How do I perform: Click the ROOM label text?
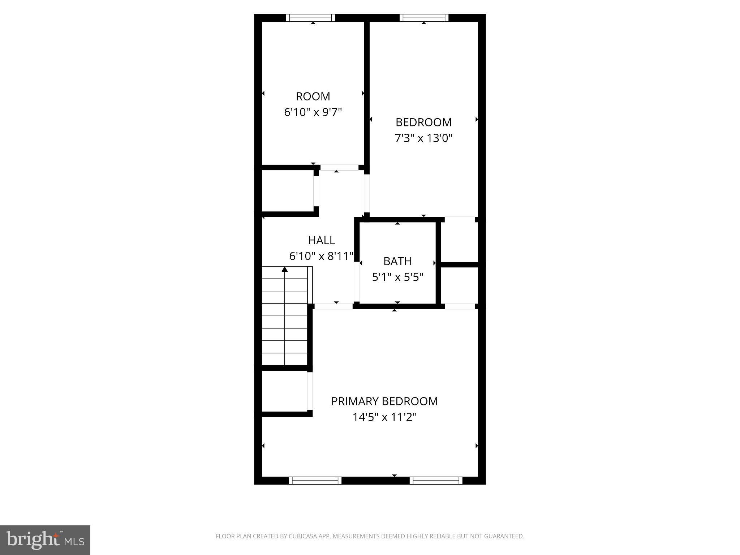[x=313, y=96]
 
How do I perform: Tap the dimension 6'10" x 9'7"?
[x=313, y=112]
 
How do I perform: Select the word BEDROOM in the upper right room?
[x=423, y=122]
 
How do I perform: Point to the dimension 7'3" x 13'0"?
[x=423, y=138]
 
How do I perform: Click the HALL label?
[x=321, y=240]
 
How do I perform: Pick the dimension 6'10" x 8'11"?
[x=321, y=256]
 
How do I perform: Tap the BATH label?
[x=397, y=261]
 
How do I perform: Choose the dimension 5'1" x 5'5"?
[x=397, y=277]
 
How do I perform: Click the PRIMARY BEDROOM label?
[x=384, y=401]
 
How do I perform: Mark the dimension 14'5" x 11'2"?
[x=384, y=417]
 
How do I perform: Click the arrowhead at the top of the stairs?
[x=285, y=269]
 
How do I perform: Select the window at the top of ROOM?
[x=310, y=18]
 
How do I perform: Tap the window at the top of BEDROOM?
[x=424, y=18]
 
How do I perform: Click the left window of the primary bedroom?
[x=315, y=481]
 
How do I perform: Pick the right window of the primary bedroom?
[x=436, y=481]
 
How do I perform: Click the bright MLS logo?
[x=45, y=540]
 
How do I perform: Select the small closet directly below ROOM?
[x=288, y=191]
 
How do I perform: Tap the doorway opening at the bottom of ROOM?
[x=339, y=168]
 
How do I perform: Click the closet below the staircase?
[x=284, y=391]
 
